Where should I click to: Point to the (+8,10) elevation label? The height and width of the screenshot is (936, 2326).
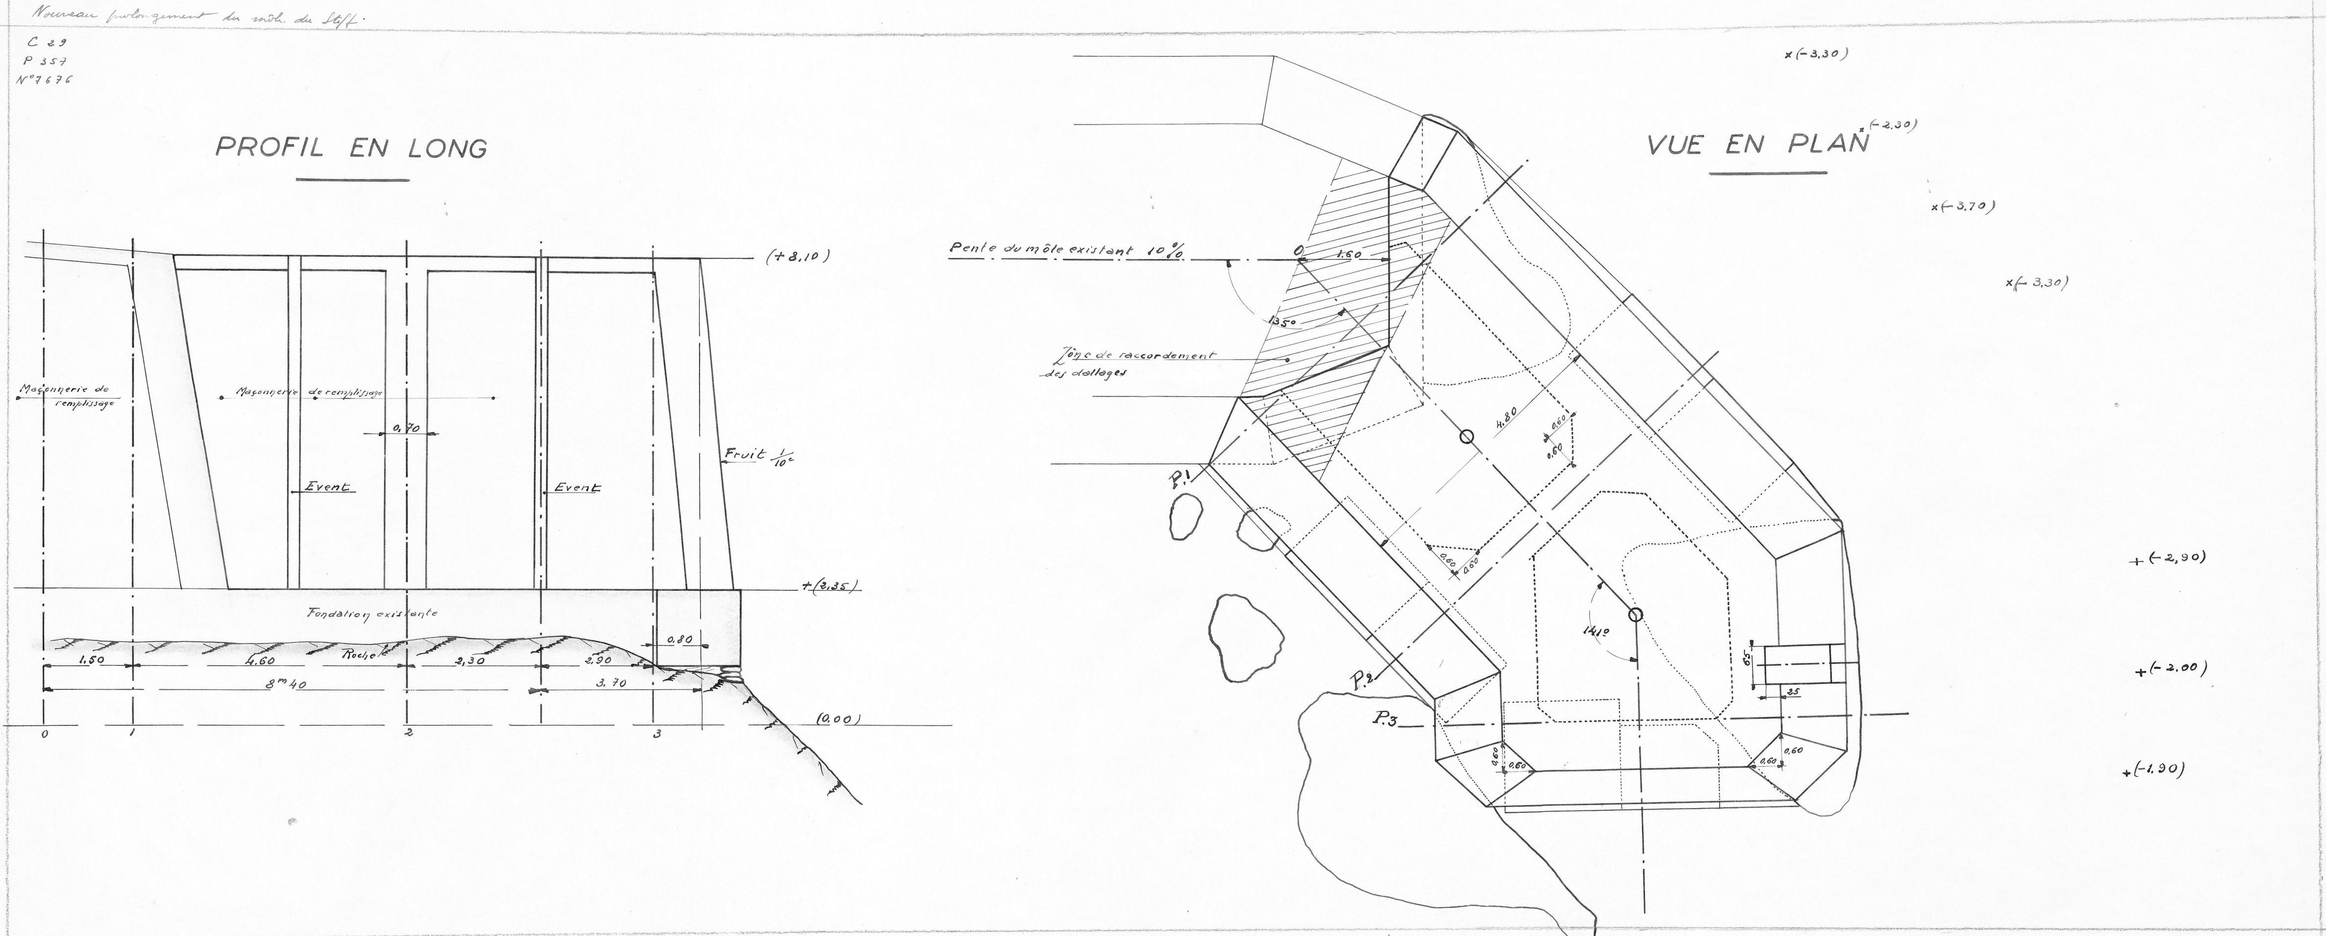click(797, 256)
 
